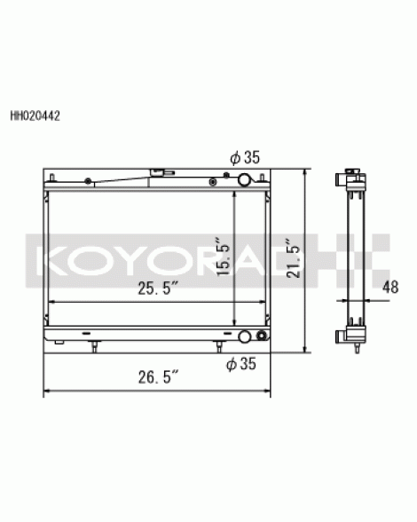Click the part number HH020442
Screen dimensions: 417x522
[35, 115]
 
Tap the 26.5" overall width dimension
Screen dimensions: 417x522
[159, 377]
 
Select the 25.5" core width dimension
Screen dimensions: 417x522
[159, 288]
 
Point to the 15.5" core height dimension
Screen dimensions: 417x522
[223, 256]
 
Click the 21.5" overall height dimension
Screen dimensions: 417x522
[294, 258]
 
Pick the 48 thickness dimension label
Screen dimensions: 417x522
[390, 287]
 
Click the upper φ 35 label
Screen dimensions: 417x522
[245, 157]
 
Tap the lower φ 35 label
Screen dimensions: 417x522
[241, 363]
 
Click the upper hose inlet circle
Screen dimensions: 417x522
[245, 179]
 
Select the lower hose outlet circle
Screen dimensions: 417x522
[245, 336]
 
